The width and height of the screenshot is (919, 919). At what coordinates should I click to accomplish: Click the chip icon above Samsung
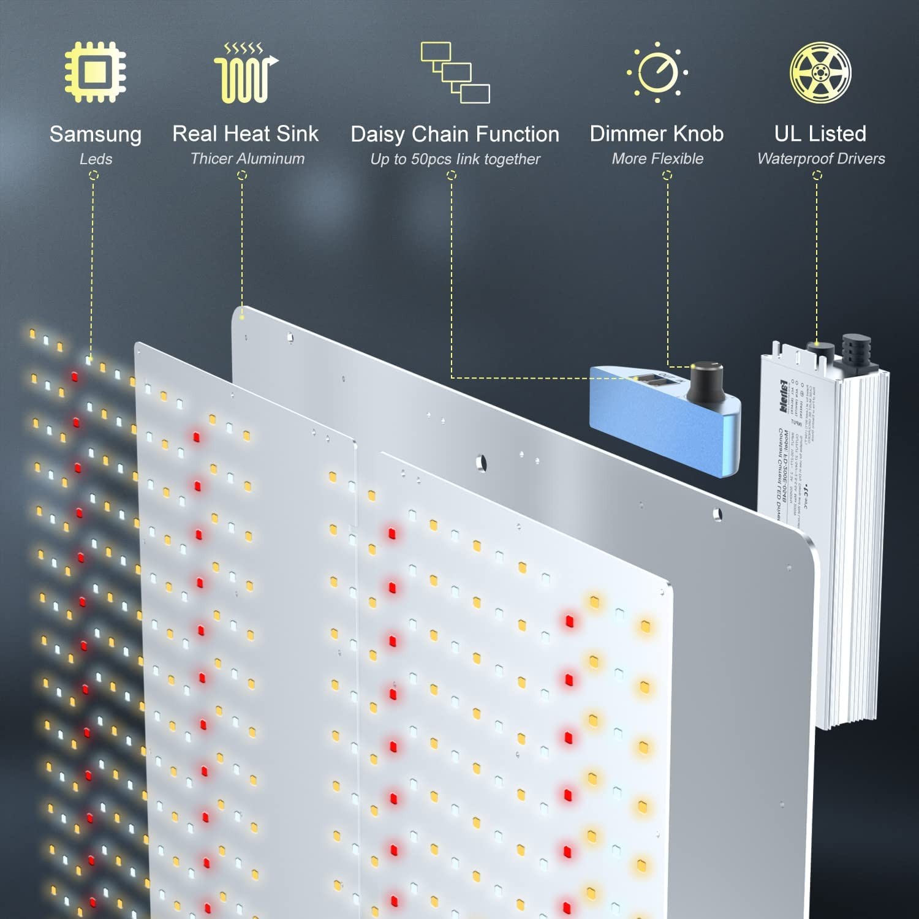pyautogui.click(x=96, y=72)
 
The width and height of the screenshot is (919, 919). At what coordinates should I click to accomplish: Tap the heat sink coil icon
pyautogui.click(x=245, y=73)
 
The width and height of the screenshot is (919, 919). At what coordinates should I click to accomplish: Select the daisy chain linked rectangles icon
pyautogui.click(x=455, y=72)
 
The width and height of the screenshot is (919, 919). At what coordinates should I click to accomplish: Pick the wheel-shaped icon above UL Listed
pyautogui.click(x=820, y=72)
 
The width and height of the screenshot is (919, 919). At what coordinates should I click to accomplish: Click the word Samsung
pyautogui.click(x=96, y=134)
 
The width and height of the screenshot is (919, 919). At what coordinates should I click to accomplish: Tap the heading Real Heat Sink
pyautogui.click(x=245, y=134)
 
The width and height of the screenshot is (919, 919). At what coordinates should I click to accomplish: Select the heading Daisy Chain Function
pyautogui.click(x=455, y=134)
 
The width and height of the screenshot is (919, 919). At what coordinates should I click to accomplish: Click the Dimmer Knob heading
pyautogui.click(x=657, y=134)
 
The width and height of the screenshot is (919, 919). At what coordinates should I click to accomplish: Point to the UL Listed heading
pyautogui.click(x=820, y=134)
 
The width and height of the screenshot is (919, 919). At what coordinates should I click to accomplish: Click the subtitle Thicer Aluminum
pyautogui.click(x=247, y=159)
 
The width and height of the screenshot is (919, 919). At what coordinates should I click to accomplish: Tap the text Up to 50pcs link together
pyautogui.click(x=455, y=159)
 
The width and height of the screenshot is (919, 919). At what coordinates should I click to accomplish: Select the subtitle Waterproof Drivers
pyautogui.click(x=821, y=159)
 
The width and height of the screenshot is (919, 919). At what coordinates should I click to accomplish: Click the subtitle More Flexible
pyautogui.click(x=657, y=159)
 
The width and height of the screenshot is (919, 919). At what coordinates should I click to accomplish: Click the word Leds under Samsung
pyautogui.click(x=96, y=159)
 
